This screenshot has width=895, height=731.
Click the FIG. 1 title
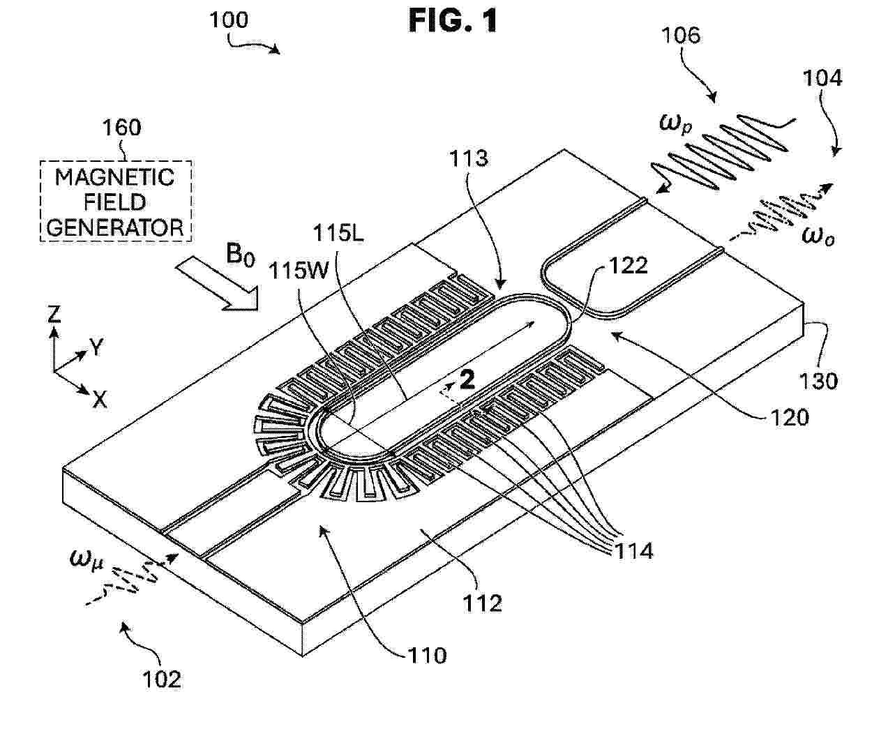(452, 21)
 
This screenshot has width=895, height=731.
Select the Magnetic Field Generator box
(115, 201)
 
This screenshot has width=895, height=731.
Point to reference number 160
(122, 128)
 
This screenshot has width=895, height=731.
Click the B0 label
(241, 255)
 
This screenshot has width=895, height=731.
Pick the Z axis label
(54, 314)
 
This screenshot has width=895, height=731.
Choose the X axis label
(100, 399)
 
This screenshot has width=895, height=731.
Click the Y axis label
(97, 347)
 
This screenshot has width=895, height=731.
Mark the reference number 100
(229, 20)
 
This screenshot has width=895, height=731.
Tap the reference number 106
(681, 35)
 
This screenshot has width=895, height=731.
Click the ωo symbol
(818, 236)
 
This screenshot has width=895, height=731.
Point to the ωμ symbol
(87, 562)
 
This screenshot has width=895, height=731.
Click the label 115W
(299, 270)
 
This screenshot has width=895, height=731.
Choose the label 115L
(338, 233)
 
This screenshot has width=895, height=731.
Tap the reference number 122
(628, 266)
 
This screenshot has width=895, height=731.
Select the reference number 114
(634, 551)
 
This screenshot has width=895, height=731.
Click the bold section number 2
(467, 380)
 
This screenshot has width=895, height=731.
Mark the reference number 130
(818, 381)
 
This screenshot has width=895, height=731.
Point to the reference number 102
(162, 679)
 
